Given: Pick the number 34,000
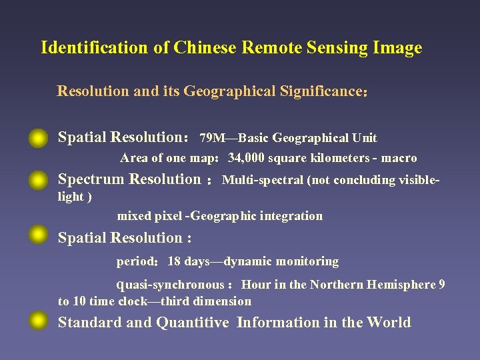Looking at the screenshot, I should click(x=248, y=158).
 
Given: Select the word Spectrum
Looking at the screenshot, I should click(x=92, y=179).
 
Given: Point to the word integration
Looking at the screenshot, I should click(x=290, y=216).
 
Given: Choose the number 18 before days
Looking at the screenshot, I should click(x=175, y=261).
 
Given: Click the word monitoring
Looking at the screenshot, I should click(x=306, y=261).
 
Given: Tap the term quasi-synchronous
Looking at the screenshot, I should click(x=171, y=285).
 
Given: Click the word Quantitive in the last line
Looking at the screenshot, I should click(x=193, y=323).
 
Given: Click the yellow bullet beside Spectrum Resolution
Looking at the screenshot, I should click(x=39, y=180).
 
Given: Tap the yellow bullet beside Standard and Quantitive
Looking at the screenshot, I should click(x=39, y=323).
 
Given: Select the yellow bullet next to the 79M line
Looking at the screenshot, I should click(x=39, y=138).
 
